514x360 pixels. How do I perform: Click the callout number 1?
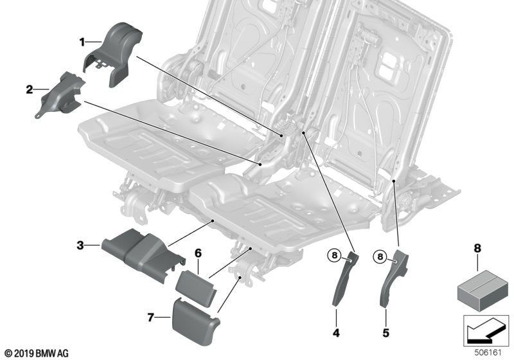(82, 42)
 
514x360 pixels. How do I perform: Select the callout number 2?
(29, 90)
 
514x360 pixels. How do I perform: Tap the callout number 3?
(80, 245)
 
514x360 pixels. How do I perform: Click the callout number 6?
(199, 253)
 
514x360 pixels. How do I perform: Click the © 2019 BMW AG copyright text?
(36, 353)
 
